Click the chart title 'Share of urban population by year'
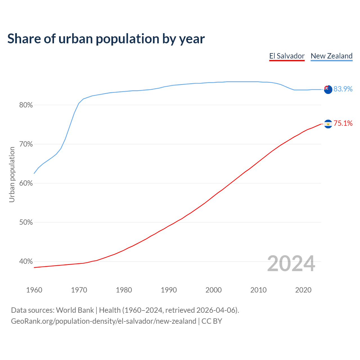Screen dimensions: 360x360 pos(106,39)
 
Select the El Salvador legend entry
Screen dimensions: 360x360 pos(287,56)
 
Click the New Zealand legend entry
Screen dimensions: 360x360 pos(332,56)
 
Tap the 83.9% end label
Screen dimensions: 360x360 pos(343,89)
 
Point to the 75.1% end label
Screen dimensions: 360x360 pos(343,123)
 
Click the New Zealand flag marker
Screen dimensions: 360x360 pos(328,89)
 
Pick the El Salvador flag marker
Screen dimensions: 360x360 pos(328,124)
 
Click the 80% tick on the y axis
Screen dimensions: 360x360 pos(26,105)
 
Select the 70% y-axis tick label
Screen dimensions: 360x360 pos(26,144)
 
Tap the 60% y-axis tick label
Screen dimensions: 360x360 pos(26,183)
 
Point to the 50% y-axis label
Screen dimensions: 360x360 pos(26,222)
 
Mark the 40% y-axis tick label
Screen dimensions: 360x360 pos(26,262)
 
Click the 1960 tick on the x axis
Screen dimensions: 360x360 pos(34,290)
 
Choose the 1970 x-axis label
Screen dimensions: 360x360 pos(79,290)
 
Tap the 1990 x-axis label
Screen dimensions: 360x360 pos(169,290)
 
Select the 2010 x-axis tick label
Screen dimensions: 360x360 pos(258,290)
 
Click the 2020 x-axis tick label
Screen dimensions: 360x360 pos(303,290)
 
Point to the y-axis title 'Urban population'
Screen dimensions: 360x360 pos(12,174)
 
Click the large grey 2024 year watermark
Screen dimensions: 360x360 pos(291,264)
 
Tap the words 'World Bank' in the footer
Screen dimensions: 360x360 pos(75,310)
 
